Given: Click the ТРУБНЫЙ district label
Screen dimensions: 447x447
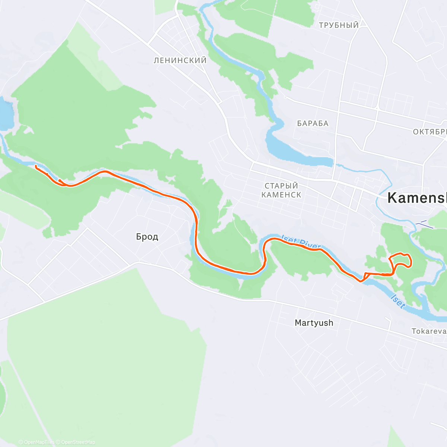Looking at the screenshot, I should (339, 25).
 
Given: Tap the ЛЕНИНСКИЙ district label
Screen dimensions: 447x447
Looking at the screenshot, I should (180, 60).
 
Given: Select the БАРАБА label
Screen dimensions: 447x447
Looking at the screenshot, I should (313, 123).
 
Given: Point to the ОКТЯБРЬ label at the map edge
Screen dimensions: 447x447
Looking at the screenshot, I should (429, 132).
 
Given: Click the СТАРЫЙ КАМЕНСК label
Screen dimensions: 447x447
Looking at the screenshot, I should (281, 190).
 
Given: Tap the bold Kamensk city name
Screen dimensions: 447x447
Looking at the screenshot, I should (416, 198).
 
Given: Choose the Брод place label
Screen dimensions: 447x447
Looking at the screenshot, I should (147, 237).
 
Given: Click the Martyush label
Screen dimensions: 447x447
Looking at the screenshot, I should (314, 323).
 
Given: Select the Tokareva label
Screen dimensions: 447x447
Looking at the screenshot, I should (429, 331).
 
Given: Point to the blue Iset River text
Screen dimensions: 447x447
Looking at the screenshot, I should (301, 242).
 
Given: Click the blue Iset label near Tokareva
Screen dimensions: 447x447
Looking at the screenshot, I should (398, 302).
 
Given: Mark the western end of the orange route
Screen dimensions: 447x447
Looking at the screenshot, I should (36, 166).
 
